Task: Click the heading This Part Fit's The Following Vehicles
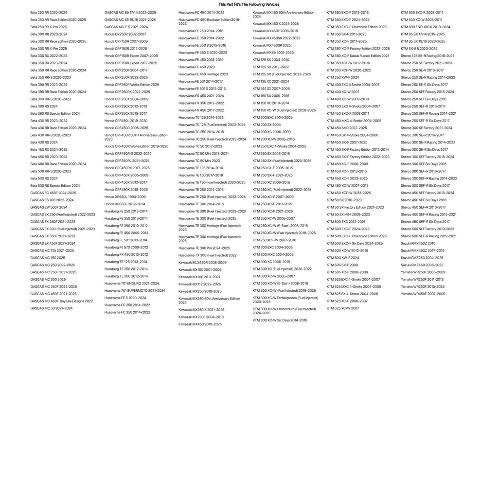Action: pyautogui.click(x=249, y=4)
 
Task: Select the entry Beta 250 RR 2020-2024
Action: pyautogui.click(x=49, y=13)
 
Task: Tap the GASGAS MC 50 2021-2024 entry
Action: pyautogui.click(x=51, y=308)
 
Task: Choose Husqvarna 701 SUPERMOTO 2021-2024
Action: pyautogui.click(x=135, y=290)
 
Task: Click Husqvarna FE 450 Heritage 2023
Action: pyautogui.click(x=203, y=74)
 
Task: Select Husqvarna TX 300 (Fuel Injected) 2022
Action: pyautogui.click(x=207, y=255)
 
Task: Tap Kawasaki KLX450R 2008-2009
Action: pyautogui.click(x=202, y=263)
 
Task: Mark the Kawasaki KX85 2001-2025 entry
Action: pyautogui.click(x=273, y=53)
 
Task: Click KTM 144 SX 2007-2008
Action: pyautogui.click(x=271, y=89)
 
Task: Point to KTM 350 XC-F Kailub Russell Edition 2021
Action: pyautogui.click(x=357, y=56)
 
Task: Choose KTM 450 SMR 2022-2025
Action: pyautogui.click(x=347, y=128)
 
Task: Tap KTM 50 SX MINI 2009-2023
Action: pyautogui.click(x=348, y=214)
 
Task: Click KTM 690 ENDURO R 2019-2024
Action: pyautogui.click(x=425, y=27)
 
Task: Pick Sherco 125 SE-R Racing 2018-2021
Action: pyautogui.click(x=427, y=56)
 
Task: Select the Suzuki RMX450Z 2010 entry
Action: pyautogui.click(x=418, y=243)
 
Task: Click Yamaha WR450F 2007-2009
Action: pyautogui.click(x=423, y=294)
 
